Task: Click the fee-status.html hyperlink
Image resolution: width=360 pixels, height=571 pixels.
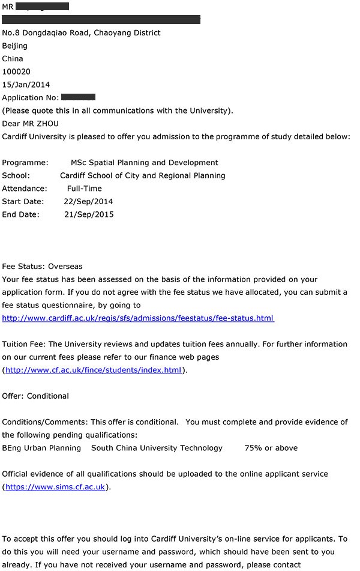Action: point(138,318)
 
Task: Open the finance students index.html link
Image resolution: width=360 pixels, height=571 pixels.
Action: point(93,370)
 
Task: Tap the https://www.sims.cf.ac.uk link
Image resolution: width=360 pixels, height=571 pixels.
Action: point(55,487)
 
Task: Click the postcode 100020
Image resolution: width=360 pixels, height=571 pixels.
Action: point(16,71)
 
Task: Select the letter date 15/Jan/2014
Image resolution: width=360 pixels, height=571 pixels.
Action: point(26,85)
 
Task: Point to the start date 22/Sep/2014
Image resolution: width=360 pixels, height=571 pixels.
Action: point(88,202)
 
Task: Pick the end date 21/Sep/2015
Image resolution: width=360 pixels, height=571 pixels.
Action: point(89,215)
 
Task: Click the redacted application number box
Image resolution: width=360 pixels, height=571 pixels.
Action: point(78,97)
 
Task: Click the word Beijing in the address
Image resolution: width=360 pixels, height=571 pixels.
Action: point(15,46)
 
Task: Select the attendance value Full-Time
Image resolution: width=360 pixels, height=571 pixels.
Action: point(85,189)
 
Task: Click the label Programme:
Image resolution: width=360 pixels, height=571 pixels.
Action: point(25,163)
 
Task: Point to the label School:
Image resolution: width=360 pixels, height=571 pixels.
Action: point(16,176)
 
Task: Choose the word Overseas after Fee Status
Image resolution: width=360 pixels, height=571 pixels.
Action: point(65,267)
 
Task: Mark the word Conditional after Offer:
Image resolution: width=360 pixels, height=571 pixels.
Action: point(48,396)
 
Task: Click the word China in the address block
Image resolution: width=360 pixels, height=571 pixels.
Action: point(13,59)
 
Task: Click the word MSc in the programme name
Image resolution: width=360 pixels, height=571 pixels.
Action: point(79,163)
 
